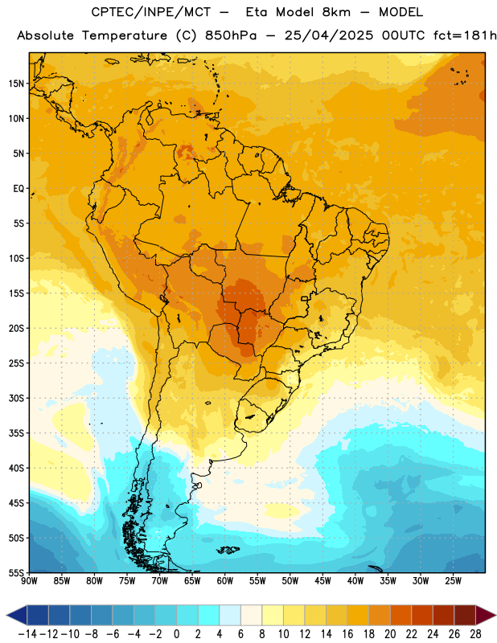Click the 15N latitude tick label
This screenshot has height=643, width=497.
[16, 84]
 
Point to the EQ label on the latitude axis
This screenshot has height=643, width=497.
[18, 189]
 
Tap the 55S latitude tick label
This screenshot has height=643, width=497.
[16, 572]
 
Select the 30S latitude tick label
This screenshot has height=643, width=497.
[16, 398]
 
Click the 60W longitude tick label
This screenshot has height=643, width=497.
[225, 580]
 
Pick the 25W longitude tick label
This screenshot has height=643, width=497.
[453, 580]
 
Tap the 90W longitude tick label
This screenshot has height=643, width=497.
[29, 580]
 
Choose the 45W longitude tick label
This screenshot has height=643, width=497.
[322, 580]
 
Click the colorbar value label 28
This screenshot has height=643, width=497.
[475, 634]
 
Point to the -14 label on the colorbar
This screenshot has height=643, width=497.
[27, 634]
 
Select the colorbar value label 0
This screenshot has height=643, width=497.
[176, 634]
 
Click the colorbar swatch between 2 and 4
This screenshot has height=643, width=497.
[209, 615]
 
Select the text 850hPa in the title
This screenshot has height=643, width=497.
[231, 35]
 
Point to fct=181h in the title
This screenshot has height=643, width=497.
[465, 35]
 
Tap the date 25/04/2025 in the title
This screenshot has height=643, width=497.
[329, 35]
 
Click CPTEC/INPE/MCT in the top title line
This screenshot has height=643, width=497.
[150, 12]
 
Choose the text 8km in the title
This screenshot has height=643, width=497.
[336, 12]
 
